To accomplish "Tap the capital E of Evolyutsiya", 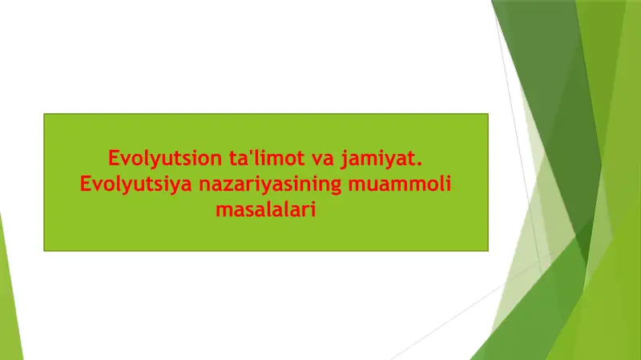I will click(x=86, y=184).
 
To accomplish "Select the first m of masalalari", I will click(x=221, y=212).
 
